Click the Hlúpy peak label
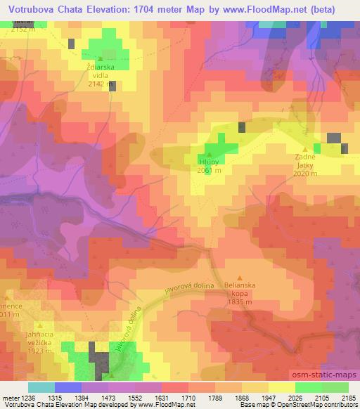click(210, 161)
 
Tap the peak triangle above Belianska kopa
click(240, 278)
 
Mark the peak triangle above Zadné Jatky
click(305, 149)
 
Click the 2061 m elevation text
click(210, 171)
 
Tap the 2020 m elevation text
click(305, 174)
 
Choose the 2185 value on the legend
click(349, 398)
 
